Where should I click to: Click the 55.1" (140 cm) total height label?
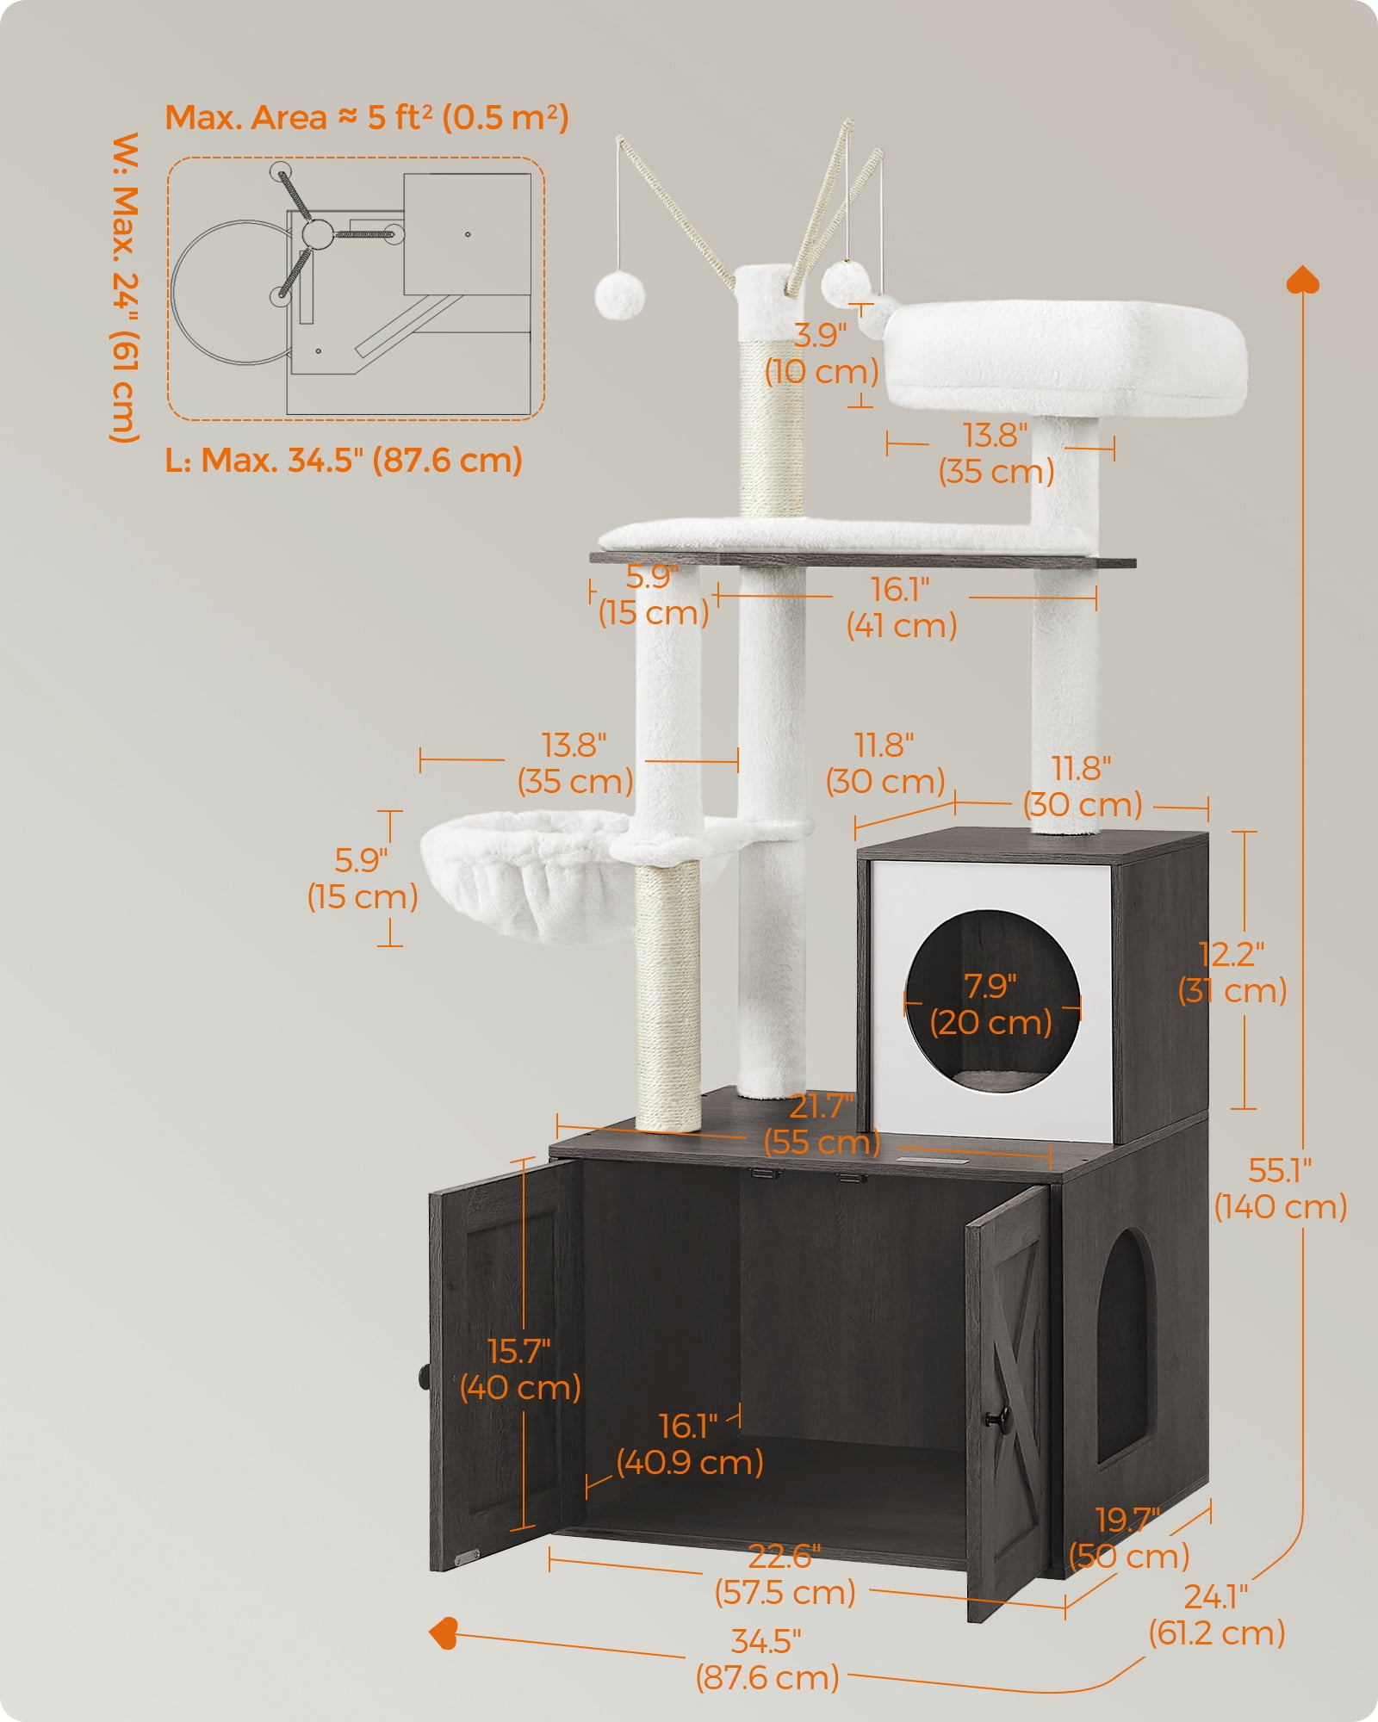tap(1280, 1189)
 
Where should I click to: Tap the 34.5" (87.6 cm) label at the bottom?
tap(767, 1659)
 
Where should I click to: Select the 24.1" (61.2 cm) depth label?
tap(1216, 1614)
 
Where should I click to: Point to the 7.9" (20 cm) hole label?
tap(990, 1005)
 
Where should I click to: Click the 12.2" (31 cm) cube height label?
tap(1232, 972)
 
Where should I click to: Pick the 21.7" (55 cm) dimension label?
tap(822, 1124)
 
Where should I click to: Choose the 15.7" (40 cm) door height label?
tap(519, 1369)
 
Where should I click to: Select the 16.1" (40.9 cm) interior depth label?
tap(689, 1444)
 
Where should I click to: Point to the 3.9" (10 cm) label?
tap(822, 353)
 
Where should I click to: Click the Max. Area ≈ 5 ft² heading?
tap(367, 117)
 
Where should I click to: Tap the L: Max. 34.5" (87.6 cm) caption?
tap(344, 460)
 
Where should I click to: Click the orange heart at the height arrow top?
tap(1302, 280)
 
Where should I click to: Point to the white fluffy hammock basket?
tap(527, 875)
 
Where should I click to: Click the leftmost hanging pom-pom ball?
tap(619, 295)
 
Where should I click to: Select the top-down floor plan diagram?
tap(356, 288)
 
